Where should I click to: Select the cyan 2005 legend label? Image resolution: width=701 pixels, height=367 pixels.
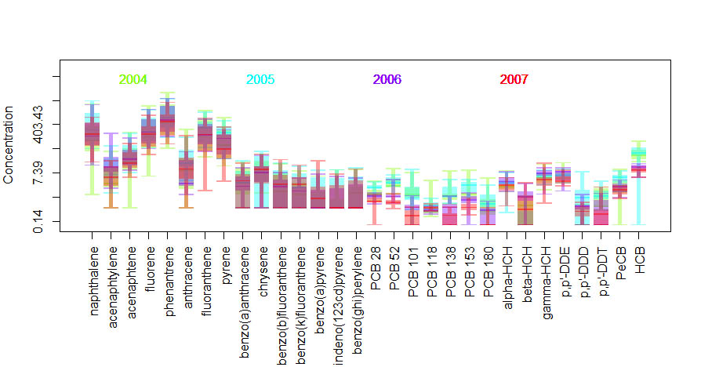(x=260, y=79)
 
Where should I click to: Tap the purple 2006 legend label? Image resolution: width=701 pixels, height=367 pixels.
(x=387, y=79)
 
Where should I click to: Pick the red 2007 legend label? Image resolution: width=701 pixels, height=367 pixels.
(x=514, y=79)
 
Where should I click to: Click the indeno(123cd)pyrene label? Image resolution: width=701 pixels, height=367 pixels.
(x=340, y=298)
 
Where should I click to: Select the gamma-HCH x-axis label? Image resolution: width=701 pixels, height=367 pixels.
(x=547, y=273)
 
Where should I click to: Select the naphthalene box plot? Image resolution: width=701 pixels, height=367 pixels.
(x=92, y=135)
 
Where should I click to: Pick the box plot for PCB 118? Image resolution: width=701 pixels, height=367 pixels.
(x=431, y=208)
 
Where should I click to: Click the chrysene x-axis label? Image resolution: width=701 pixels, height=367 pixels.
(x=264, y=266)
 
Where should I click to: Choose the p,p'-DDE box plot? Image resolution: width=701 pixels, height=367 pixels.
(x=563, y=177)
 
